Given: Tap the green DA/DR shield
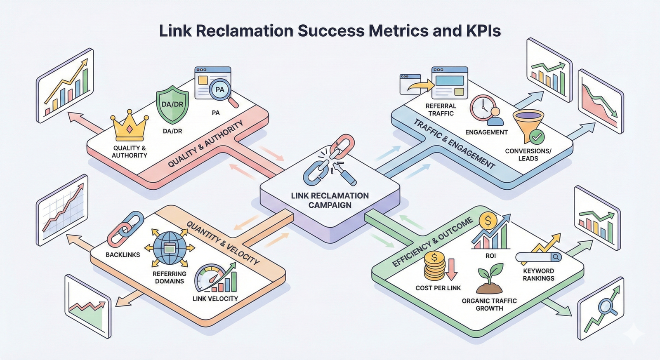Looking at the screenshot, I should pos(172,105).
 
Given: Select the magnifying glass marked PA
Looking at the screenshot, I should pos(221,90).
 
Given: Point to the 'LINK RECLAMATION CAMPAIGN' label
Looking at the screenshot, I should pos(330,200).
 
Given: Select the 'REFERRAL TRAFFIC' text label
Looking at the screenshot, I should pos(441,110).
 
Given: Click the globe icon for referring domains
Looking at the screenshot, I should pos(169,248).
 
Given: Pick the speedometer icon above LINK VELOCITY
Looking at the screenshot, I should pos(211,279).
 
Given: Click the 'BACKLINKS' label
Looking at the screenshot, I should pos(123,255).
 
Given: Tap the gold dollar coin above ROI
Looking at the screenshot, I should pos(488,221).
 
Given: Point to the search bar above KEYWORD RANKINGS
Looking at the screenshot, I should pos(539,257).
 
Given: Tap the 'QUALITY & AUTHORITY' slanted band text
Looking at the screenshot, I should pos(205,144).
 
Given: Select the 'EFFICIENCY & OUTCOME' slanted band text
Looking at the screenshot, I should pos(432,242).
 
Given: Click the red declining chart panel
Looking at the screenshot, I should pos(600,101).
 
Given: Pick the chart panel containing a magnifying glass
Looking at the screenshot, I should pos(601,309).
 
